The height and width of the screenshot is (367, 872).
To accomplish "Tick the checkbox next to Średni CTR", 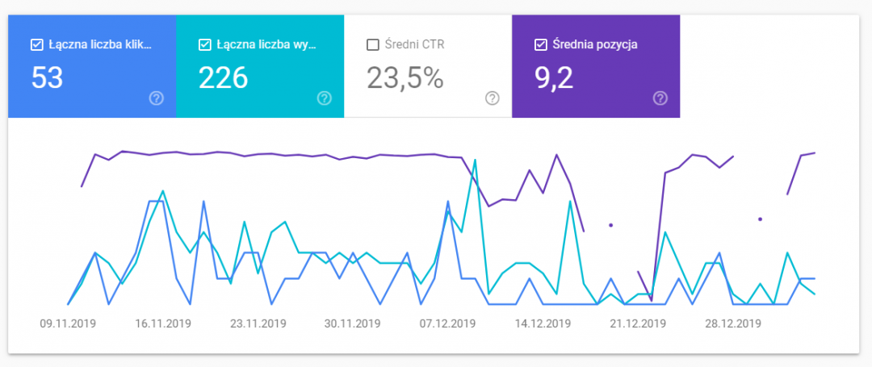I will point(372,44).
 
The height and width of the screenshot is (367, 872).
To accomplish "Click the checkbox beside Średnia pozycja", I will point(540,44).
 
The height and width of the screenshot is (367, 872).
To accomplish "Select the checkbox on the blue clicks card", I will point(36,44).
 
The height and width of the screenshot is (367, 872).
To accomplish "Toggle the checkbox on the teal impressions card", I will point(204,44).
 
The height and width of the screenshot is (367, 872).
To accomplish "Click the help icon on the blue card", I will point(157,98).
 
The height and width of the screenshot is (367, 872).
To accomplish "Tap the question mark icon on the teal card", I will point(325,98).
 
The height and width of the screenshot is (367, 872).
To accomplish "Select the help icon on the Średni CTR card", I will point(493,98).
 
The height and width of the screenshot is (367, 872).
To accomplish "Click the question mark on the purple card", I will point(660,98).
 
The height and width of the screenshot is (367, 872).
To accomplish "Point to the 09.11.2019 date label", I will point(68,324).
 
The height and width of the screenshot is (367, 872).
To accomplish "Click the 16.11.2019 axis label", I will point(163,324).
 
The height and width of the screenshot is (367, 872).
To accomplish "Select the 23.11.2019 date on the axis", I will point(258,324).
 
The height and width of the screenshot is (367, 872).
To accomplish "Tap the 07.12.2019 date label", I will point(447,324).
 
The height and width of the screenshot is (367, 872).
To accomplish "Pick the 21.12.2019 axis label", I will point(638,324).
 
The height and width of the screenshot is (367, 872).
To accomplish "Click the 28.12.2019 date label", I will point(732,324).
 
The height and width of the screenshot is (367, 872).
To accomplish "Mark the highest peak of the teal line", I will point(476,160).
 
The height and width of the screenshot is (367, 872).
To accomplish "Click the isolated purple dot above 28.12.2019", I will point(760,219).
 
